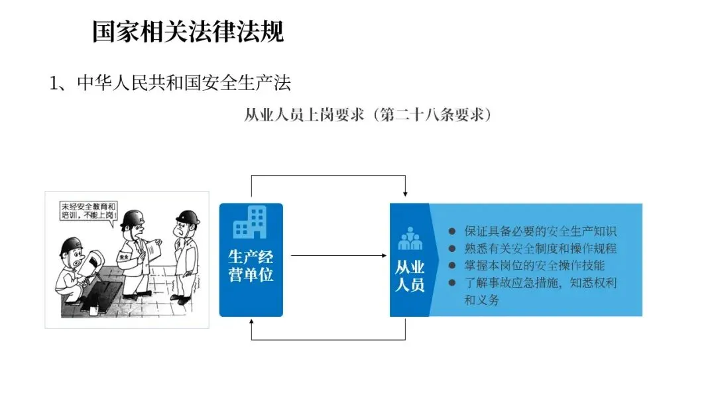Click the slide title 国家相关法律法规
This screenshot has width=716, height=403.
coord(188,31)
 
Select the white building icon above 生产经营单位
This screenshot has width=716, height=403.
coord(250,222)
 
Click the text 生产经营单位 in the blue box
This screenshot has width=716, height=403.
coord(251,265)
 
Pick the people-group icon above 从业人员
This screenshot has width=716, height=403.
coord(410,239)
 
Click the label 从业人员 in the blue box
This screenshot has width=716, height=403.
coord(410,276)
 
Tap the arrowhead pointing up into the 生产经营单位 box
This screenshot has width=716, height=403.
coord(251,323)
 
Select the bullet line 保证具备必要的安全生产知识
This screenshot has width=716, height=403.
coord(540,231)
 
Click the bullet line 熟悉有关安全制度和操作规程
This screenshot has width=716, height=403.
coord(540,249)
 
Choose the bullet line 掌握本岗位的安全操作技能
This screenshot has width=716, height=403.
coord(534,266)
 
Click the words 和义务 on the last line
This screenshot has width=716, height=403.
coord(481,300)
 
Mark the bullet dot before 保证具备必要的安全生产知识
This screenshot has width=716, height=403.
coord(452,231)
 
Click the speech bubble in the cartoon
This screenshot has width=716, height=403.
coord(88,211)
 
